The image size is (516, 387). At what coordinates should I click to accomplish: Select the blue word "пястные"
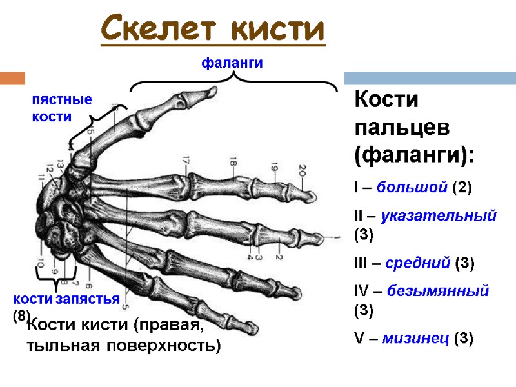(x=63, y=101)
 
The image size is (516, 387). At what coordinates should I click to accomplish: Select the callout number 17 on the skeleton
(x=186, y=161)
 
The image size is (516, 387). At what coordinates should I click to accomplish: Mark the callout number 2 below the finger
(x=280, y=257)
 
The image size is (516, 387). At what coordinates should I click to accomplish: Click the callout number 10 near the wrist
(x=41, y=264)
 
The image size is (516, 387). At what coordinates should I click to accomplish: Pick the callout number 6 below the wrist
(x=88, y=284)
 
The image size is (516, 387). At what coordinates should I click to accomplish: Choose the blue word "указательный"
(x=439, y=216)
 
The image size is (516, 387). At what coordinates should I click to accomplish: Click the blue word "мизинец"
(x=416, y=338)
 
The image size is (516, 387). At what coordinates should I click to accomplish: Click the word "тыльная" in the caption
(x=55, y=346)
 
